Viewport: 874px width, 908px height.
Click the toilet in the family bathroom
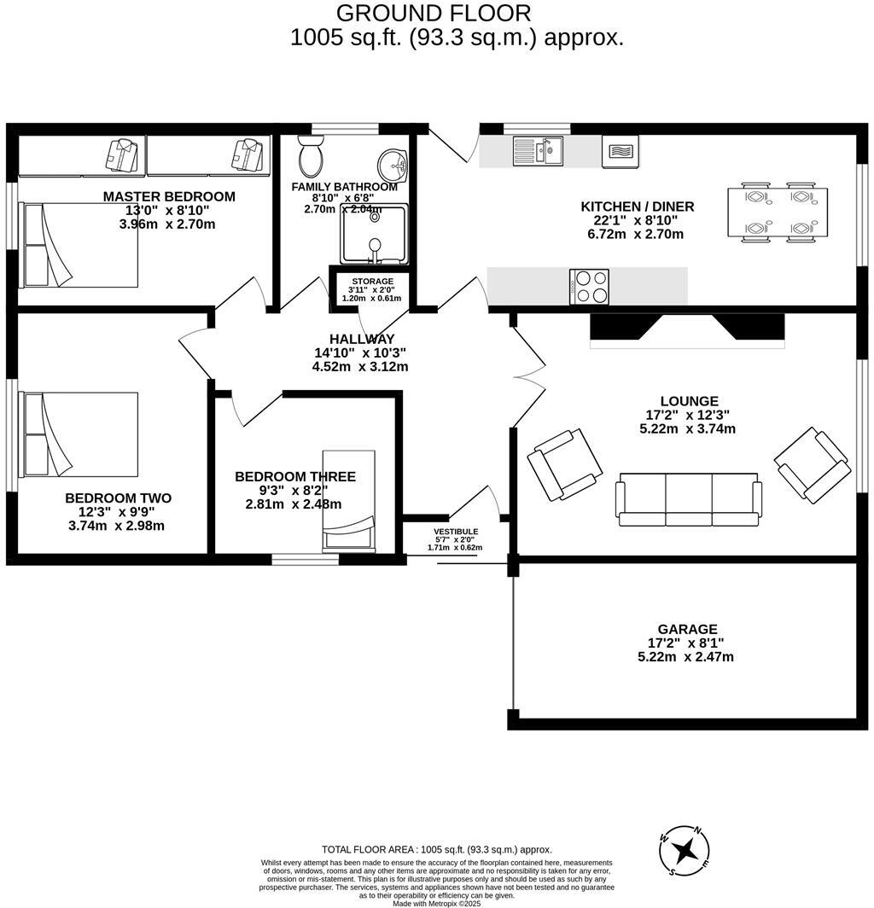[x=309, y=157]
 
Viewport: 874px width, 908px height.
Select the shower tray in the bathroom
[x=374, y=234]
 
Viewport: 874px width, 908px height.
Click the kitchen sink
[x=538, y=152]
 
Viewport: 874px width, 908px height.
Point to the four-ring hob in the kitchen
[x=589, y=286]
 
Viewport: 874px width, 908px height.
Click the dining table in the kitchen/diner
[x=777, y=212]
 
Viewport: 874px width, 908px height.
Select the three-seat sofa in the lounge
[x=688, y=498]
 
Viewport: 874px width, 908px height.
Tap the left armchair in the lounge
[x=564, y=464]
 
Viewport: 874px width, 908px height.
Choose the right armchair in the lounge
[x=812, y=464]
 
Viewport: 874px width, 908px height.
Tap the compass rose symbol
[x=685, y=850]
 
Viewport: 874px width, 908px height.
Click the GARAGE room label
[x=687, y=629]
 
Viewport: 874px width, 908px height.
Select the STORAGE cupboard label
[x=371, y=281]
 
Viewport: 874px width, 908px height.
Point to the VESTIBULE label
[x=455, y=531]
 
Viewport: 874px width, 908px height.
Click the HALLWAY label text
[x=362, y=339]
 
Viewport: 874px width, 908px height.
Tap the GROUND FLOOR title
[x=434, y=13]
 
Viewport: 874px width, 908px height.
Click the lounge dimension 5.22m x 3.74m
[x=687, y=429]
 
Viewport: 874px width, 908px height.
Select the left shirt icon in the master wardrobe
[x=121, y=155]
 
